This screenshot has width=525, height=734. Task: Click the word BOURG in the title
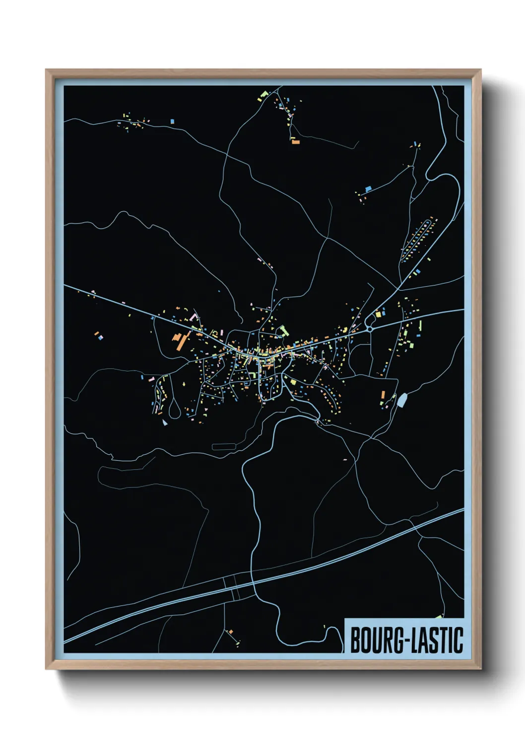tap(376, 640)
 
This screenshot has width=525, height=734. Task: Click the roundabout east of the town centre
tap(370, 328)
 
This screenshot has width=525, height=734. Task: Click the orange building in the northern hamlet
tap(296, 142)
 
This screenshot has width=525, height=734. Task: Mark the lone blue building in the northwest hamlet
tap(172, 121)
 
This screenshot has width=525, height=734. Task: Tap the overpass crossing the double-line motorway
tap(232, 588)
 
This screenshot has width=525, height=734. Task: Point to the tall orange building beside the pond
tap(383, 395)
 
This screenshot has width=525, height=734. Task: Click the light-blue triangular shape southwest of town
tap(165, 423)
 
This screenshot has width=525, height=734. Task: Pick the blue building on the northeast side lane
tap(368, 189)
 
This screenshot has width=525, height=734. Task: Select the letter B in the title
tap(356, 640)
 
